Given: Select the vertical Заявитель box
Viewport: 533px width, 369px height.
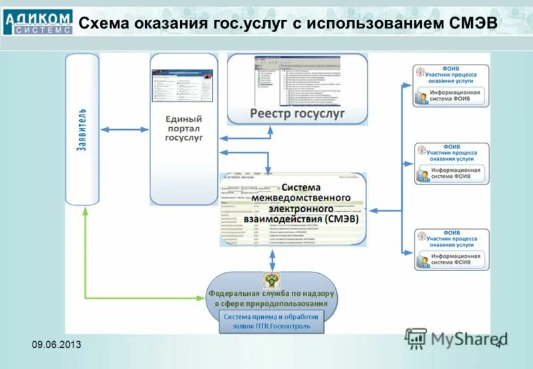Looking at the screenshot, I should click(82, 129).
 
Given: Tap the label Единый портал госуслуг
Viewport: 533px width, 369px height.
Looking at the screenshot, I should click(184, 128).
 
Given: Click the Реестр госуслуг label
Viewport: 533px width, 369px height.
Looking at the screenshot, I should click(297, 113).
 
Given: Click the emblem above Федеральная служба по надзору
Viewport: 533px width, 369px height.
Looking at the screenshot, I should click(272, 280).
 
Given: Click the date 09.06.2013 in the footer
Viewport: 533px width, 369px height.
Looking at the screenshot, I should click(57, 343).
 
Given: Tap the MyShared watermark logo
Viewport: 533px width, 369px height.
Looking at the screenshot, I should click(456, 338).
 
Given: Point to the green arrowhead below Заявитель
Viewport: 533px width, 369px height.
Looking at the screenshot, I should click(85, 211).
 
